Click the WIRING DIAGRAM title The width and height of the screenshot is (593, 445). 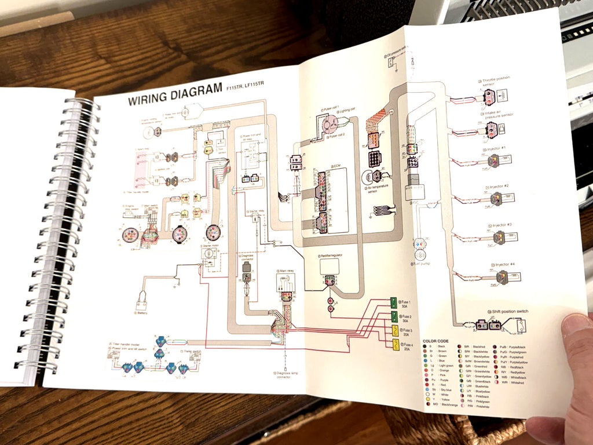click(x=174, y=97)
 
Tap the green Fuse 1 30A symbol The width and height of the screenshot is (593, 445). click(x=393, y=302)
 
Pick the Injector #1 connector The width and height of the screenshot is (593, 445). click(x=495, y=161)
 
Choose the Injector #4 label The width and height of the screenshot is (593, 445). click(x=504, y=264)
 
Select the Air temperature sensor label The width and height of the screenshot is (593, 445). click(x=378, y=192)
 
